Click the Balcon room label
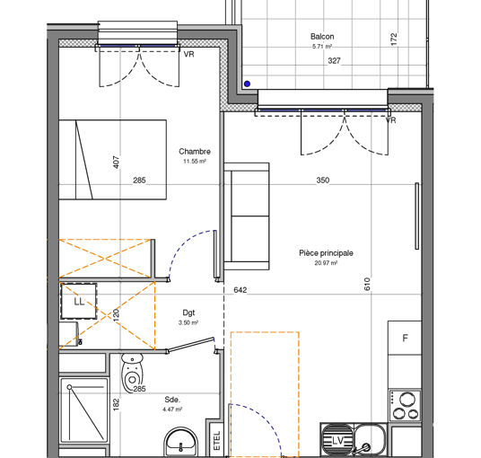322,37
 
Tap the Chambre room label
195,152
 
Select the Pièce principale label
326,253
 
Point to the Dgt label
188,313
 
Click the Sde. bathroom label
172,400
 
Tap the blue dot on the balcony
247,84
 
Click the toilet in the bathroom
132,373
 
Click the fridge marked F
405,338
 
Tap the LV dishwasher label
337,441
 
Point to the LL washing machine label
79,302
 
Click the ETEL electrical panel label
217,441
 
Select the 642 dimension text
240,290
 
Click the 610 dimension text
367,284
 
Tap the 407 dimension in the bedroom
117,162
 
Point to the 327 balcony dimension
334,61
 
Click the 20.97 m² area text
326,263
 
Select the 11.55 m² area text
195,161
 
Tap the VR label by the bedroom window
188,55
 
